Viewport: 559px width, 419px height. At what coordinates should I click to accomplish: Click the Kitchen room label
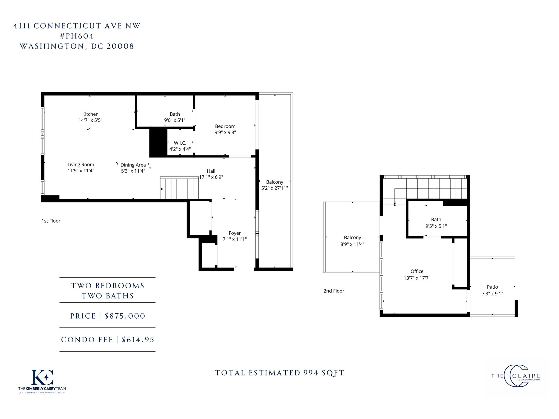tap(90, 114)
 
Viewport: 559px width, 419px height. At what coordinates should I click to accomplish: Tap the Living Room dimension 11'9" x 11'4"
tap(81, 171)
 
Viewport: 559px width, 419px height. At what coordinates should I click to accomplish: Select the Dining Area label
tap(133, 165)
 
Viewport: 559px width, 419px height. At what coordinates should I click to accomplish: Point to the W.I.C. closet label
tap(180, 143)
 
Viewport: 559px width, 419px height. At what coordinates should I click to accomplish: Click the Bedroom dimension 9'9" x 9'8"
tap(225, 132)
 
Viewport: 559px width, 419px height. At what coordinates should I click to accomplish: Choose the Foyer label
tap(235, 233)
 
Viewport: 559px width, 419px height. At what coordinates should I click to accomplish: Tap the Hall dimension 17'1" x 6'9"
tap(211, 177)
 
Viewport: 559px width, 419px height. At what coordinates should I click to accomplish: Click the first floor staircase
tap(179, 188)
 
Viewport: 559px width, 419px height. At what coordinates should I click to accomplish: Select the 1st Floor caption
tap(51, 221)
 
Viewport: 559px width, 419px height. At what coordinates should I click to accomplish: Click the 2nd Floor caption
tap(334, 291)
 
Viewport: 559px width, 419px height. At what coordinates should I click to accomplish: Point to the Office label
tap(417, 271)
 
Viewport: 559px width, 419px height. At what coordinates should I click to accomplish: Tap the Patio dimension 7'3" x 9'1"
tap(492, 294)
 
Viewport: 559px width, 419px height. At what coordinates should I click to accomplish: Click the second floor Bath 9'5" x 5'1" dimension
tap(436, 226)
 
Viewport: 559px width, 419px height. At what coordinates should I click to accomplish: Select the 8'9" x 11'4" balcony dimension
tap(352, 244)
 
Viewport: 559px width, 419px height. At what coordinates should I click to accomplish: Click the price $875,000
tap(125, 316)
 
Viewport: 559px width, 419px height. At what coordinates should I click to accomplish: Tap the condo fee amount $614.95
tap(138, 340)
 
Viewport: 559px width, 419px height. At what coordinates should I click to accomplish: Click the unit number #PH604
tap(77, 36)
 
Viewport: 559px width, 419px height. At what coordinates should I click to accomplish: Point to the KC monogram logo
tap(42, 377)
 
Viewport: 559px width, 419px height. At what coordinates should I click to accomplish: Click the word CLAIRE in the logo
tap(527, 376)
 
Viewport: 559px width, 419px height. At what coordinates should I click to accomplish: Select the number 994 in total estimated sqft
tap(311, 373)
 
